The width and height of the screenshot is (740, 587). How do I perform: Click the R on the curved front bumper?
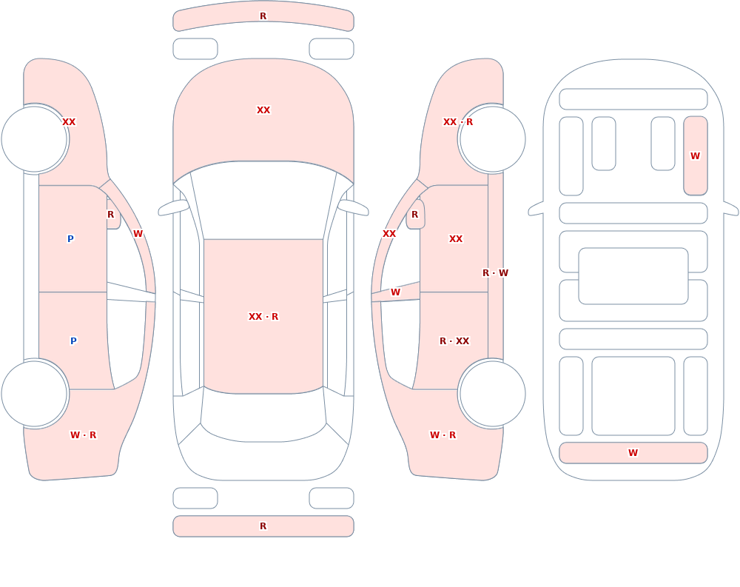pos(263,16)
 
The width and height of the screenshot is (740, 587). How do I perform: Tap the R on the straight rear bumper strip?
pos(263,526)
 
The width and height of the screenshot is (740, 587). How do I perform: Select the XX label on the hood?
pos(263,110)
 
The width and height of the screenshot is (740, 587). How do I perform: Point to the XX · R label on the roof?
pos(263,316)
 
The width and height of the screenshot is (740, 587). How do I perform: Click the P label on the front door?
pos(70,238)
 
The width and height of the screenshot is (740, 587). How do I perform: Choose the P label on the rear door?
pos(73,341)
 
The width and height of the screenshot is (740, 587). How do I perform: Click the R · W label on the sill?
pos(495,273)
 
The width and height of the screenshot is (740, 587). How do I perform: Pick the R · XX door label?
pos(454,341)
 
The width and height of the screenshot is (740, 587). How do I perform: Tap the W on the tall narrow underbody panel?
pos(695,156)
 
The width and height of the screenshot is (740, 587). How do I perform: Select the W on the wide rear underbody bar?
pos(633,452)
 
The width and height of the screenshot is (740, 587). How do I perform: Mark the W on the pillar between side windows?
pos(395,292)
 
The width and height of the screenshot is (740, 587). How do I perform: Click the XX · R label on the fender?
pos(458,122)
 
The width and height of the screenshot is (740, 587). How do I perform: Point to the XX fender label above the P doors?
pos(69,122)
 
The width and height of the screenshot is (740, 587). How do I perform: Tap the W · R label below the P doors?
pos(83,435)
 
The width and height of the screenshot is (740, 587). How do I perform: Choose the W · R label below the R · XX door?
pos(443,435)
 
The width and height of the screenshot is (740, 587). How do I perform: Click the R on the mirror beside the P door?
pos(110,215)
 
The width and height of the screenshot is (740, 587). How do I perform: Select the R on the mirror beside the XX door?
pos(415,215)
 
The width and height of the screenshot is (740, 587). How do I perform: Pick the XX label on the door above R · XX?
pos(455,239)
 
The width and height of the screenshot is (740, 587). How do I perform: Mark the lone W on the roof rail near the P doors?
pos(138,234)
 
